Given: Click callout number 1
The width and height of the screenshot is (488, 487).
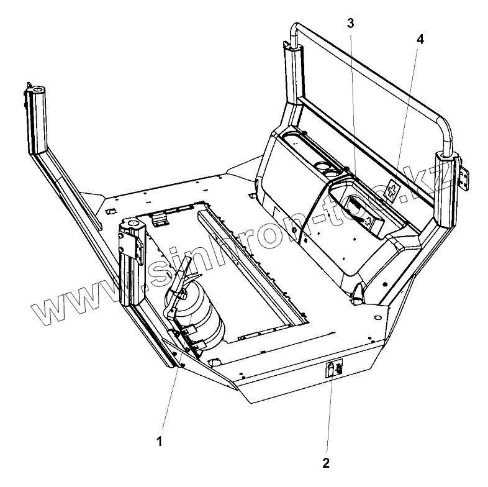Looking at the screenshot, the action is (x=160, y=442).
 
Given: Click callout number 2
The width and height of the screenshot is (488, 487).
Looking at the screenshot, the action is (x=325, y=463).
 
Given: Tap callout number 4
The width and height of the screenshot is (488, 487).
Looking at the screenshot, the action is (x=420, y=39).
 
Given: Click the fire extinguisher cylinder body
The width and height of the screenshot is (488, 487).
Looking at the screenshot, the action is (x=211, y=323).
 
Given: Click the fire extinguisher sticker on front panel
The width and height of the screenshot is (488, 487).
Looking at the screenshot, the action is (x=333, y=370).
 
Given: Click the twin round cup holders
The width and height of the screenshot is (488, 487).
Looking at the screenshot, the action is (x=326, y=168).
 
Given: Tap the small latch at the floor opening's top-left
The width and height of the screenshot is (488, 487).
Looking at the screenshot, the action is (x=160, y=217).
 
